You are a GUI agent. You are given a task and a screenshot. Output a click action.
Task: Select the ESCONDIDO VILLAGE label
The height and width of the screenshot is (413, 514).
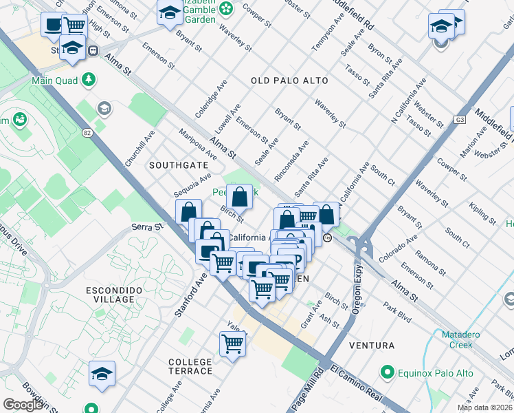pyautogui.click(x=109, y=295)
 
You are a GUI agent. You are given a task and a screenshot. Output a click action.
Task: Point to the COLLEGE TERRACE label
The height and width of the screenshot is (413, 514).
pyautogui.click(x=190, y=366)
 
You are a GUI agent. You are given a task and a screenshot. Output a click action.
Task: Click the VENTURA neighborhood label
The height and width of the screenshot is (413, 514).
pyautogui.click(x=372, y=345)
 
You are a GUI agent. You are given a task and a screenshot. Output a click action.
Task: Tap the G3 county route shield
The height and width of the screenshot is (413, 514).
pyautogui.click(x=458, y=120)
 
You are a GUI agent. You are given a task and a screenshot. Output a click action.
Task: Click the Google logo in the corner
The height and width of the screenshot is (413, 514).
pyautogui.click(x=23, y=405)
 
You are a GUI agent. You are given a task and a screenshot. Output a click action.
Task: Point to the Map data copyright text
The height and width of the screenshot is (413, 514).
pyautogui.click(x=484, y=407)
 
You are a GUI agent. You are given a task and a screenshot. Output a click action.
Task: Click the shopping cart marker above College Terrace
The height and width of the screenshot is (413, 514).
pyautogui.click(x=233, y=342)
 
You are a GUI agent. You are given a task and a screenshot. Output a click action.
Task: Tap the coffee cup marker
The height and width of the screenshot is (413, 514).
pyautogui.click(x=52, y=25)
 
